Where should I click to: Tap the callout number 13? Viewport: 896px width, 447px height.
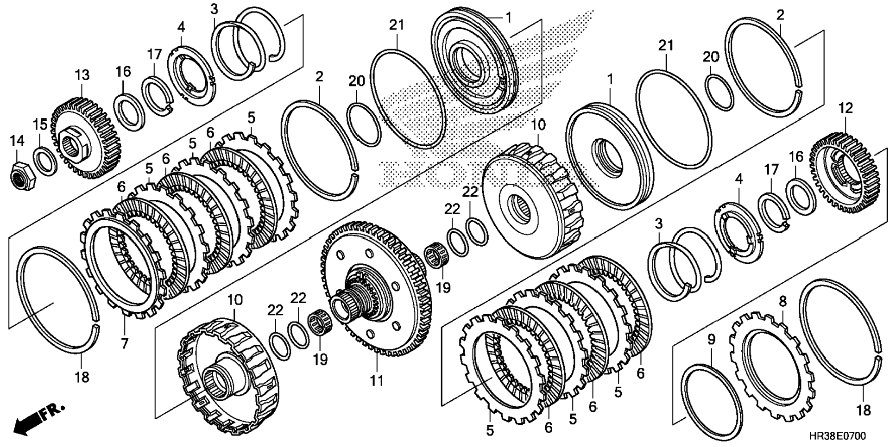click(82, 75)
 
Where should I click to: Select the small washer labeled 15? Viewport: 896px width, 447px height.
click(45, 161)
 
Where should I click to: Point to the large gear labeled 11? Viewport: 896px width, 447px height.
click(375, 289)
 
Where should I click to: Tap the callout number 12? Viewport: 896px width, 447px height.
click(846, 109)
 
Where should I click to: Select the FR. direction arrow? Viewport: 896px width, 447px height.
click(39, 419)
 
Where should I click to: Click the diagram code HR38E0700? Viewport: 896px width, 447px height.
click(837, 436)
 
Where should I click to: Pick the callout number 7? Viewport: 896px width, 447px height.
click(125, 343)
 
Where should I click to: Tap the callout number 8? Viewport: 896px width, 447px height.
click(782, 302)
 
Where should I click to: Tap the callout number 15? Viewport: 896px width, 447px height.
click(40, 124)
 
